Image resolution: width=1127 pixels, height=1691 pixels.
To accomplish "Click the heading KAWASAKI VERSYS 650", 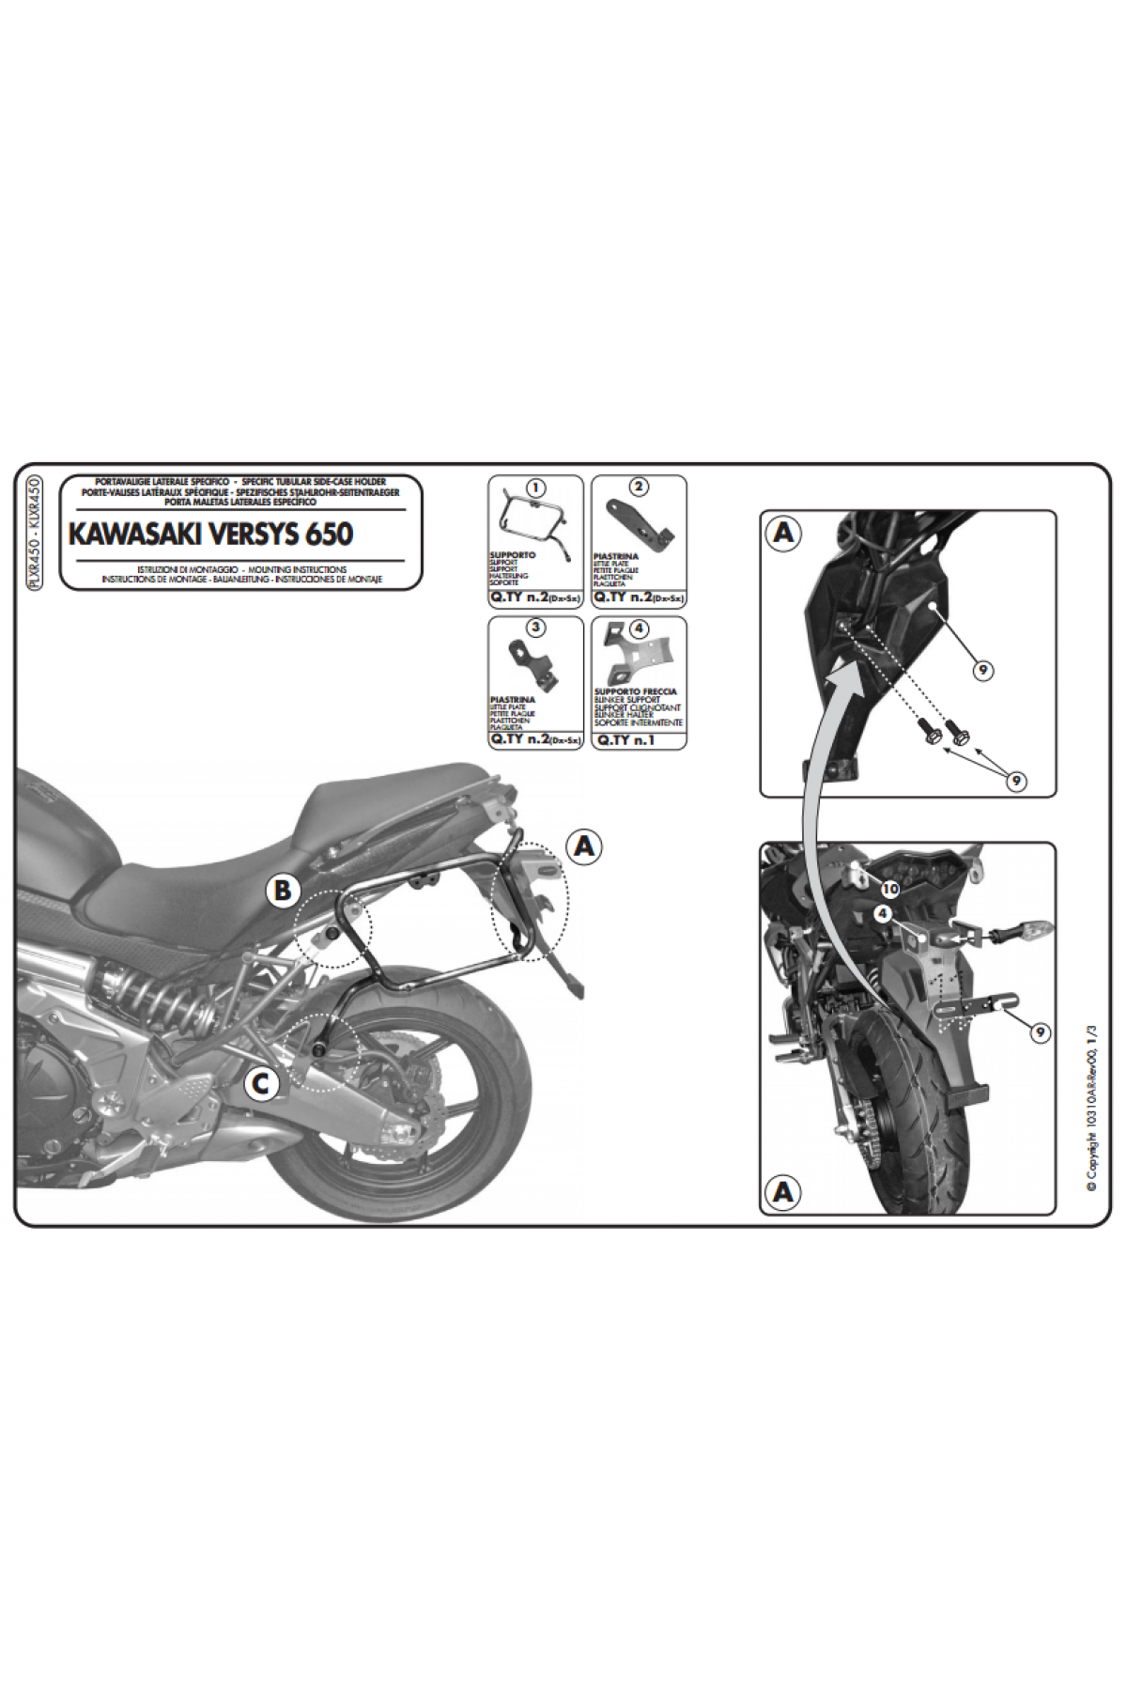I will (x=210, y=534).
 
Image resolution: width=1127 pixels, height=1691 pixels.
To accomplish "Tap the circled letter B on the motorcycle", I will (x=283, y=891).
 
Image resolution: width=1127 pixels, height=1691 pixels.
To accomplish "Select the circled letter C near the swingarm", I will (x=262, y=1084).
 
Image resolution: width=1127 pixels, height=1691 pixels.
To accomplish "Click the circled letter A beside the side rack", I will (x=584, y=845).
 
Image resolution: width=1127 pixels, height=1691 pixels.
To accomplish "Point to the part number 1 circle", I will (x=534, y=489).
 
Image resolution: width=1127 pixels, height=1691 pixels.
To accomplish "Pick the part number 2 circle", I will (x=639, y=487).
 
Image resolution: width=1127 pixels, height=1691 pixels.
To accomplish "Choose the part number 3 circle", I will (x=534, y=627).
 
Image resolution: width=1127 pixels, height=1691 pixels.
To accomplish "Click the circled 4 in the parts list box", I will (x=639, y=627).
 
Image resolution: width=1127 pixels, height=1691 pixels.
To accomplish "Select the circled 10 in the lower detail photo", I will (x=889, y=887).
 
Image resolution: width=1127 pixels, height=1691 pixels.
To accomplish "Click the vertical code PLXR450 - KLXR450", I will (x=35, y=533).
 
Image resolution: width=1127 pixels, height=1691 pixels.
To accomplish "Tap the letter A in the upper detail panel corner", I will (x=782, y=534).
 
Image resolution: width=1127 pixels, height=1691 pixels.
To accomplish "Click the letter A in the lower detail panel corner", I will (x=782, y=1192).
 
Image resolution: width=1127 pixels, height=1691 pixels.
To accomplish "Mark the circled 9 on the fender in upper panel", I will (x=980, y=670).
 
